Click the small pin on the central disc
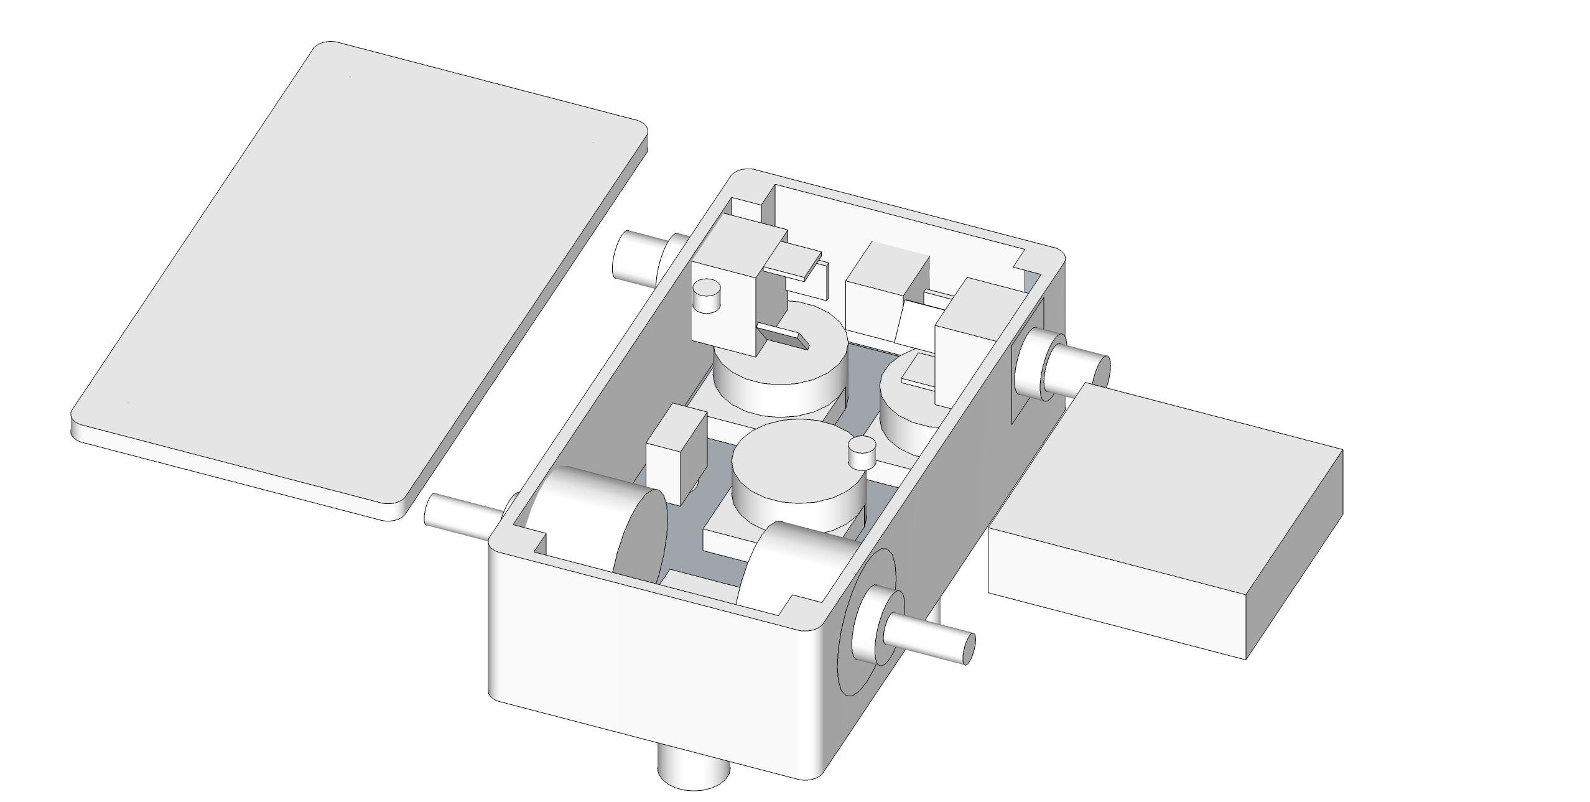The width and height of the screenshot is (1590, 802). [862, 452]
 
